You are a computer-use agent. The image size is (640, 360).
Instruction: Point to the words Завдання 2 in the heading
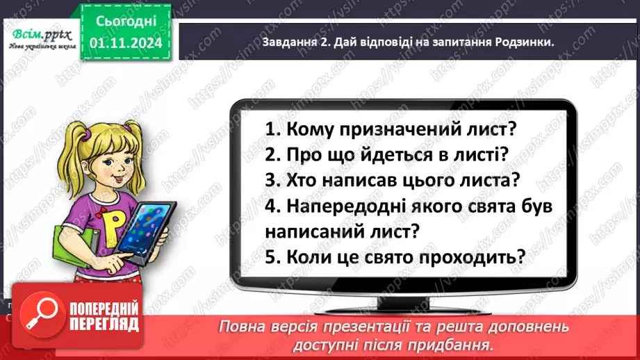(x=293, y=42)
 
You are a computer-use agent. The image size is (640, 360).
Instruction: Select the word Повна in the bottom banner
(x=243, y=327)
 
